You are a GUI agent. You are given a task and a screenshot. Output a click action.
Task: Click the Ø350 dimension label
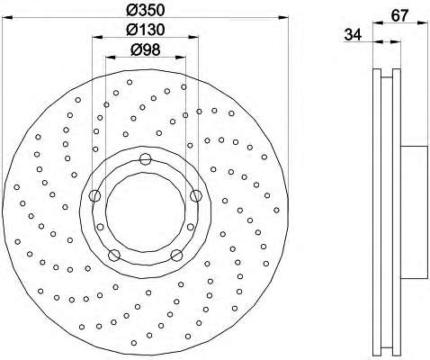(x=146, y=10)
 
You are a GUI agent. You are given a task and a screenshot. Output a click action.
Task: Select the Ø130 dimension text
(x=146, y=30)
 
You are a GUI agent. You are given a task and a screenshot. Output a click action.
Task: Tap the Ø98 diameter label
(x=146, y=49)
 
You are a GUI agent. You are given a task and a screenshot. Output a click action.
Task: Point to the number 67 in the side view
(x=399, y=15)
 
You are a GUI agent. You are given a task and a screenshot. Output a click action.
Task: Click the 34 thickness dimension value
(x=353, y=34)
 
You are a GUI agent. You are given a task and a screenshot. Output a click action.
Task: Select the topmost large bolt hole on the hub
(x=145, y=158)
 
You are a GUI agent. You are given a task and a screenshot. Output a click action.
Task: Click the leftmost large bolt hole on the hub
(x=94, y=195)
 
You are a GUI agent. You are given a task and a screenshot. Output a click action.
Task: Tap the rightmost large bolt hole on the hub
(x=195, y=195)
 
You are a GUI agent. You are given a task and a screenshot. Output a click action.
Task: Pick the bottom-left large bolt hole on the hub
(x=114, y=256)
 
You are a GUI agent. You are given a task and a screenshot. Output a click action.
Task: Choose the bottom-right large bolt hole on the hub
(x=176, y=256)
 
